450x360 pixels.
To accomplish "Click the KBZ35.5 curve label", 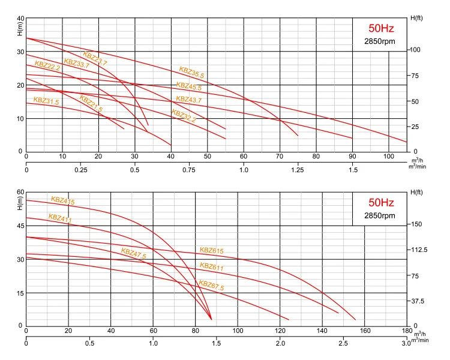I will (191, 71).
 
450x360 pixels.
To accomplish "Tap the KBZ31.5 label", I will (46, 101).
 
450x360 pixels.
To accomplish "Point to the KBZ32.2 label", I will (184, 115).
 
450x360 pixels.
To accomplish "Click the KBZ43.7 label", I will (188, 99).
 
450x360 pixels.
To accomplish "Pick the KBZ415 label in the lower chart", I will (62, 201).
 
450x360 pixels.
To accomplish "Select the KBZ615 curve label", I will (211, 250).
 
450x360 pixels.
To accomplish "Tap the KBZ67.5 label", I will (211, 286).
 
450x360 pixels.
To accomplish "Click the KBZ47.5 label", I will (133, 253).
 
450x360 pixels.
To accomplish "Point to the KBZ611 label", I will (211, 267).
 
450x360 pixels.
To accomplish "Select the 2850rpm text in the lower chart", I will (380, 215).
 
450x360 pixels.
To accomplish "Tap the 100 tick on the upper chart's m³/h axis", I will (389, 157).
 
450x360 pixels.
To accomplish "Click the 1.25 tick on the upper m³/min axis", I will (298, 170).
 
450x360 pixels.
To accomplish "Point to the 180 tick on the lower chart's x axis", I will (407, 331).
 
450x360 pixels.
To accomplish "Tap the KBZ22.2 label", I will (47, 65).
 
